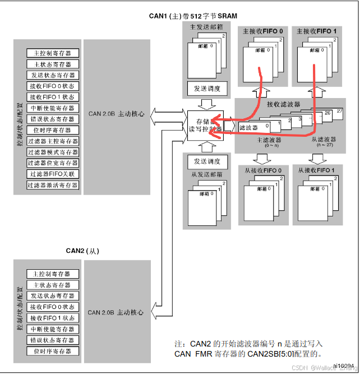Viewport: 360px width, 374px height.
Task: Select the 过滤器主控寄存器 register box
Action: tap(53, 141)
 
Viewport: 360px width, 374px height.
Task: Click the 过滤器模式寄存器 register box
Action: tap(53, 152)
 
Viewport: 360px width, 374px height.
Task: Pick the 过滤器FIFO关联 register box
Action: tap(53, 174)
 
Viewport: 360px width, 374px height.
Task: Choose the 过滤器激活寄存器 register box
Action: tap(53, 185)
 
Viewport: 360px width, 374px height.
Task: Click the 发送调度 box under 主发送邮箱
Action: tap(207, 89)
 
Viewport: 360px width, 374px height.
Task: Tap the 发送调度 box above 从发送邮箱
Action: tap(207, 161)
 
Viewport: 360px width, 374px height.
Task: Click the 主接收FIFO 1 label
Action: tap(317, 31)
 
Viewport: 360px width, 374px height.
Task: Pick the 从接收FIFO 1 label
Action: tap(317, 170)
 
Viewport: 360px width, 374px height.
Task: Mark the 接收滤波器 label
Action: tap(283, 104)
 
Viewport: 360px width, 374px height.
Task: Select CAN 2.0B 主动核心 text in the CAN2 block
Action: tap(116, 312)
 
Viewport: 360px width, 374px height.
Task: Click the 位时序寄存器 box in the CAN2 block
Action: tap(53, 351)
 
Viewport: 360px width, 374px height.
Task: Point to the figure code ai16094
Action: tap(343, 365)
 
